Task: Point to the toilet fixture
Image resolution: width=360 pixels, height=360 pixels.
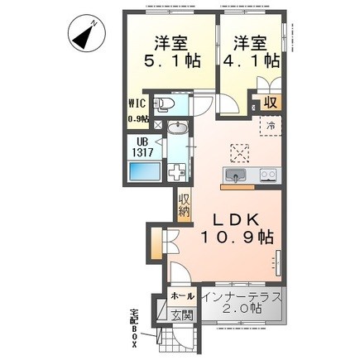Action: click(166, 104)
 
